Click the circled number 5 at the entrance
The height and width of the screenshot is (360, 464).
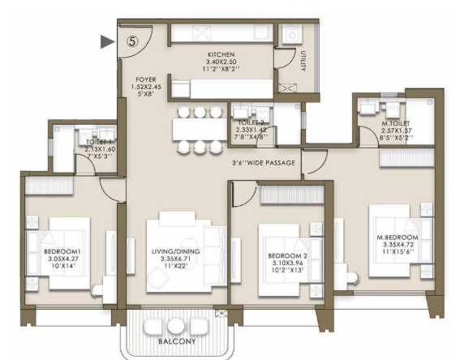132,41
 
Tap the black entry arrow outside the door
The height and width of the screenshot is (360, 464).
107,41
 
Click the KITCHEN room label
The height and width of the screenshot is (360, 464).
221,54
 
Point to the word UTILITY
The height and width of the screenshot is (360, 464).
303,61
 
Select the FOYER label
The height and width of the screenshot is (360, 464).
145,79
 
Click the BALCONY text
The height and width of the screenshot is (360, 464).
177,341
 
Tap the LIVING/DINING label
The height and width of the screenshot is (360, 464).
176,251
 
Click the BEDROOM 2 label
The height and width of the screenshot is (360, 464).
287,256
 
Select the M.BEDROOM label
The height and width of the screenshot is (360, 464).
397,238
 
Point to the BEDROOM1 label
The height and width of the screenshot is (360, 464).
62,251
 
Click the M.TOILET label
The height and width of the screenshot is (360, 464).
396,123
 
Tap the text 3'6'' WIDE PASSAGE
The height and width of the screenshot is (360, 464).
264,163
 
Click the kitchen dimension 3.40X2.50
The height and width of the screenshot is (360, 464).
221,62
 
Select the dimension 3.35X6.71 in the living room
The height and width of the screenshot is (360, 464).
175,259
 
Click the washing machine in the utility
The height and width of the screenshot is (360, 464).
291,35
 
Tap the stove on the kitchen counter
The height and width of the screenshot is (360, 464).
201,32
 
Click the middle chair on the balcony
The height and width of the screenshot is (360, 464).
176,326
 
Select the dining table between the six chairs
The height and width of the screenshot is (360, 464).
200,129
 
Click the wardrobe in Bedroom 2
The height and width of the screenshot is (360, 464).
292,195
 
